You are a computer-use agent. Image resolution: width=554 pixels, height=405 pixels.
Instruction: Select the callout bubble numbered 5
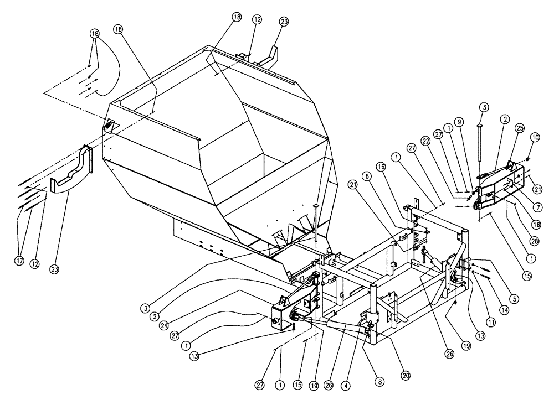(x=515, y=299)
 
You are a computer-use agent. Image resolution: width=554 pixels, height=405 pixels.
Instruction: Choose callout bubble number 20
(x=406, y=375)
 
